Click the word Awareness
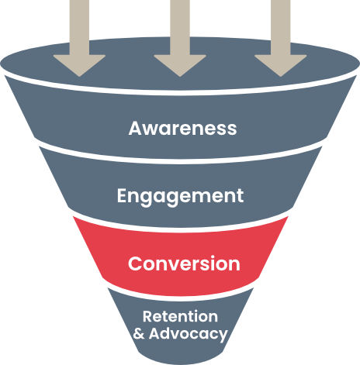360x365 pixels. click(x=182, y=128)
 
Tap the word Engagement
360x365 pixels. click(x=180, y=196)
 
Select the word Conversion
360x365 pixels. click(x=184, y=263)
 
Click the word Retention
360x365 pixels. click(x=180, y=316)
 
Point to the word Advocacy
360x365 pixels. click(x=189, y=334)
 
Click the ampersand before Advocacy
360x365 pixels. click(x=139, y=333)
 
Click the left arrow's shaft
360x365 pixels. click(x=79, y=27)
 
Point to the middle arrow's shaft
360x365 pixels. click(x=180, y=27)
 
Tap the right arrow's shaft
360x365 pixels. click(x=281, y=27)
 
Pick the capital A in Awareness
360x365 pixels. click(x=135, y=128)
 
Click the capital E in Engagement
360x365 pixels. click(x=122, y=195)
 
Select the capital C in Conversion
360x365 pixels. click(x=135, y=263)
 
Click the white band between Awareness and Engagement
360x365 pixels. click(x=181, y=161)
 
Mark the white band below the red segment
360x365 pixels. click(x=181, y=298)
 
